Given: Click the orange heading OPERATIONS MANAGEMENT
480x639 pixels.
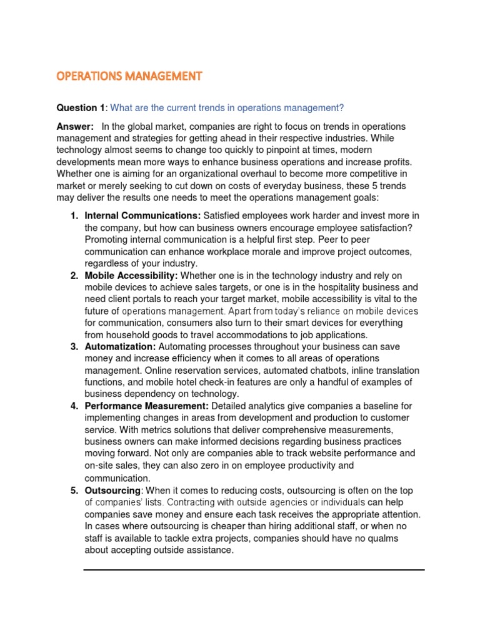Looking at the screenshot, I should click(129, 76).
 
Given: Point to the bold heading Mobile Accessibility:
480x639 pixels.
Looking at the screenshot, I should click(131, 275).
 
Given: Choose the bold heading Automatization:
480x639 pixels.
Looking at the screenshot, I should click(120, 346).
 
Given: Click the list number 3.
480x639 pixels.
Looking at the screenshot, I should click(73, 346).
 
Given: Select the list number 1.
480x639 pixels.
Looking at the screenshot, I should click(73, 215).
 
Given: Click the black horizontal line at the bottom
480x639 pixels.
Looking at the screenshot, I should click(254, 570).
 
